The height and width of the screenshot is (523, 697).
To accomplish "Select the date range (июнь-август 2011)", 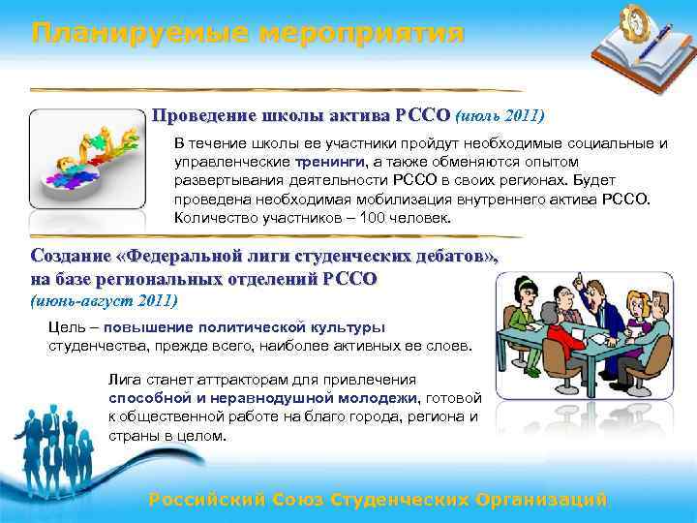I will point(104,300).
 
